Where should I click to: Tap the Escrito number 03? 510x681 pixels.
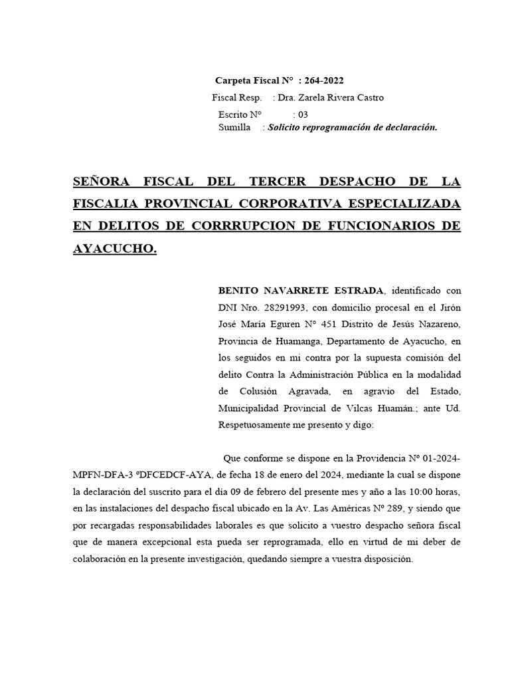tap(303, 114)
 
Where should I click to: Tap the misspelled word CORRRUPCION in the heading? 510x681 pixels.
tap(236, 225)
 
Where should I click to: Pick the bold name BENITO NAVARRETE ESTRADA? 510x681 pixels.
tap(301, 291)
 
